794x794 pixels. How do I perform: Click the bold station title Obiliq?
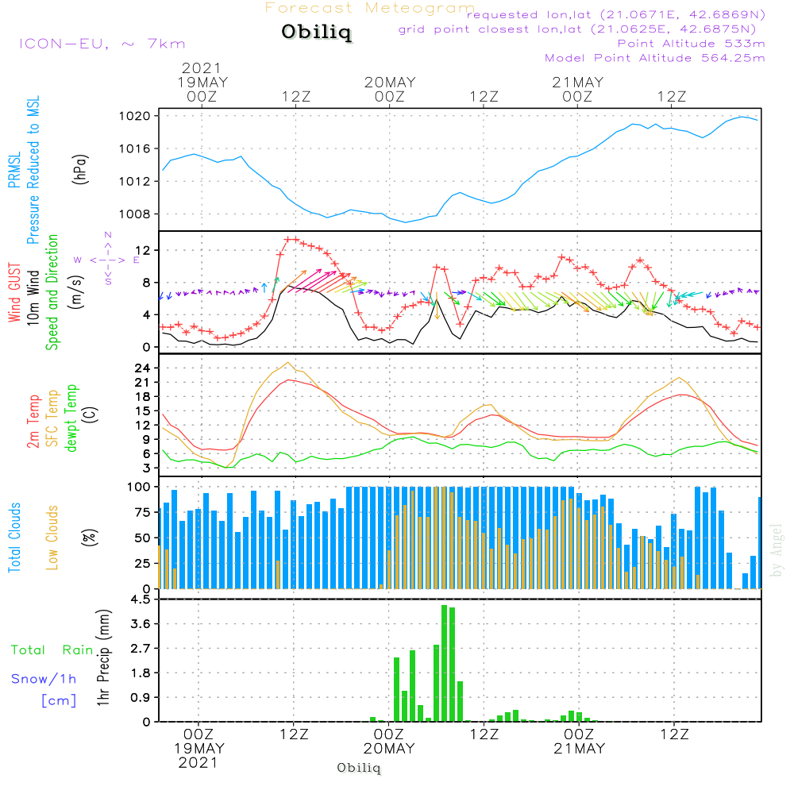(315, 33)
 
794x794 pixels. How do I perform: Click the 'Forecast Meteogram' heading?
(370, 9)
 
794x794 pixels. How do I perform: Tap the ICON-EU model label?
(101, 44)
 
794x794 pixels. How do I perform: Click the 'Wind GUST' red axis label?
(14, 292)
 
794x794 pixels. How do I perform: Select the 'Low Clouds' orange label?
(53, 537)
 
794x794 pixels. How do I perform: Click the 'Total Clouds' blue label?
(14, 537)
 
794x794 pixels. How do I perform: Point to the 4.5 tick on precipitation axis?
(141, 599)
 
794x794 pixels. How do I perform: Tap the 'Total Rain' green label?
(52, 650)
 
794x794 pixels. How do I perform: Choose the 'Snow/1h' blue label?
(44, 679)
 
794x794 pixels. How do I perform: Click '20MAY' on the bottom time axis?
(390, 749)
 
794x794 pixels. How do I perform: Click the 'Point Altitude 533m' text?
(691, 44)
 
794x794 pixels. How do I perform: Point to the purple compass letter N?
(108, 235)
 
